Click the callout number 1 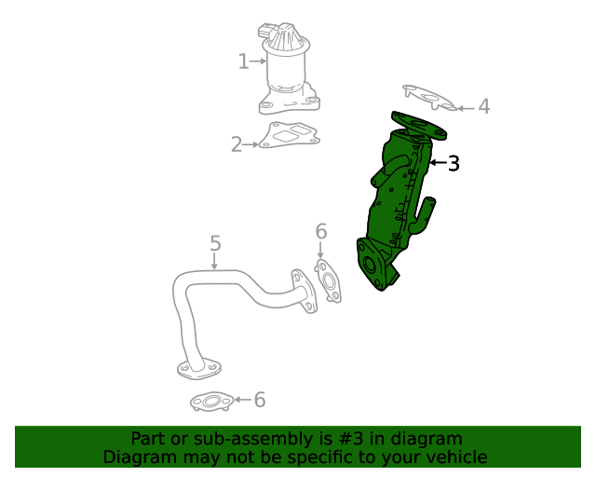(243, 62)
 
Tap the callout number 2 (237, 144)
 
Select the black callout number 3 (454, 164)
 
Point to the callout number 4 (483, 107)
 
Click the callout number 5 (215, 244)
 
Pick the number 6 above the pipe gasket (321, 231)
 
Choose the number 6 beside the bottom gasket (260, 400)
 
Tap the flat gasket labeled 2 (290, 136)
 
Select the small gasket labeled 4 (427, 98)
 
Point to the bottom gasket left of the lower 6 (210, 402)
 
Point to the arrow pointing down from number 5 (215, 262)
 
